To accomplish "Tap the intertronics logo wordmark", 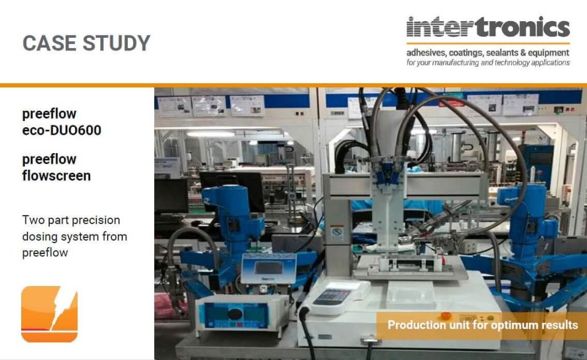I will pyautogui.click(x=488, y=27).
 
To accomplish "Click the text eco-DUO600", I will pyautogui.click(x=61, y=130).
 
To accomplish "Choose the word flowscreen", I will pyautogui.click(x=56, y=175).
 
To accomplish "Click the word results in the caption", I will pyautogui.click(x=559, y=325).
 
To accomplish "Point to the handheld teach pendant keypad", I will pyautogui.click(x=333, y=298).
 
